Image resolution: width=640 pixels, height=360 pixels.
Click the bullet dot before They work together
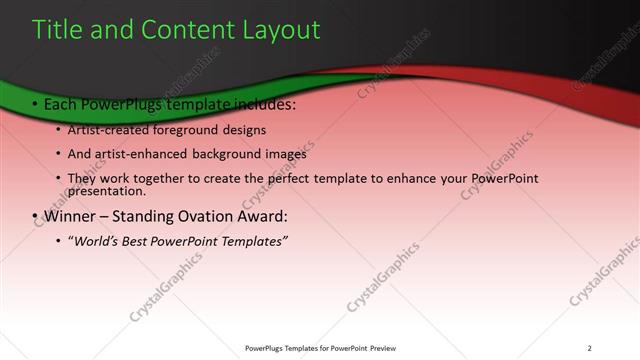[x=59, y=179]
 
